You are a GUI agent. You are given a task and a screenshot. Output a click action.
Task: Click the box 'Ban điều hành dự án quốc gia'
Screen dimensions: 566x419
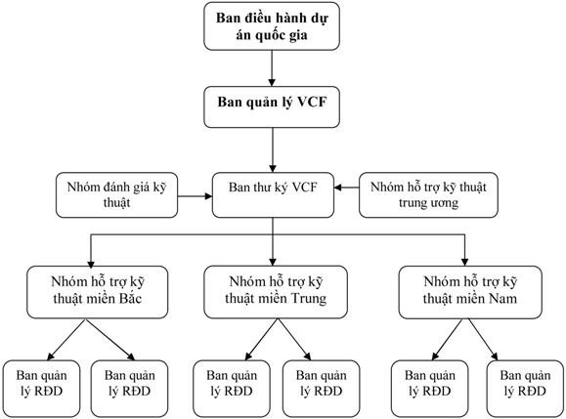272,26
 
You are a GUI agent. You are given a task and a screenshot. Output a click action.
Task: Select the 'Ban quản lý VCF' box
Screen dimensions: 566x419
272,106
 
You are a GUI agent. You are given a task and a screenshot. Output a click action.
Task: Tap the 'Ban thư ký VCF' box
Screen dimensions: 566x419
273,194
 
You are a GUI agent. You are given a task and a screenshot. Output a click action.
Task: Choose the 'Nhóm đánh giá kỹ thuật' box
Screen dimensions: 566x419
116,194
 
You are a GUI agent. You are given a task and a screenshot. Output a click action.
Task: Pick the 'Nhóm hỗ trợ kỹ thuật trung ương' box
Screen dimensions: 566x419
428,194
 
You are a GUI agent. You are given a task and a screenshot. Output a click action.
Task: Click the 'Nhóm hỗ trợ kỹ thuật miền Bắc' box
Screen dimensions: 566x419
98,292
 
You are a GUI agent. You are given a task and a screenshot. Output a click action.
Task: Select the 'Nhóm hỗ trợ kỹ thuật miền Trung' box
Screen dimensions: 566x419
276,292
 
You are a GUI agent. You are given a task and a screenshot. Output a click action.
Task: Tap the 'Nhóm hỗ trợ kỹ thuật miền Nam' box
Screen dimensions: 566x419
470,292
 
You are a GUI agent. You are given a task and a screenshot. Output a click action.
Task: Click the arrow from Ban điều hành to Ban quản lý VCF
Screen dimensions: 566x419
272,68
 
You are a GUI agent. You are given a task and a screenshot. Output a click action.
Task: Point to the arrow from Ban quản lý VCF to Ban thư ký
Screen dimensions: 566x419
273,150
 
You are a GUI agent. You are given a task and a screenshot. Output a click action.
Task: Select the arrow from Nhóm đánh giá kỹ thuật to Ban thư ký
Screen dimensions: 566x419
195,196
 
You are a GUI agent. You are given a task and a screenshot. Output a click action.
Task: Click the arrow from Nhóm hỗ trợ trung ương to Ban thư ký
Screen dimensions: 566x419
346,188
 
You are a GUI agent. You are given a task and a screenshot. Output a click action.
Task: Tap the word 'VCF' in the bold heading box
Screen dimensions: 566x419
312,102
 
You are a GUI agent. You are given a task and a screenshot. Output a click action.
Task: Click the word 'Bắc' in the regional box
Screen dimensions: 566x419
130,299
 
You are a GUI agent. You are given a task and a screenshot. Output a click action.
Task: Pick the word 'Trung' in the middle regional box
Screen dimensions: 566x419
308,299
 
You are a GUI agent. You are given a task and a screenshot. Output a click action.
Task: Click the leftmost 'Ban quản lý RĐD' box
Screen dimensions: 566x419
41,389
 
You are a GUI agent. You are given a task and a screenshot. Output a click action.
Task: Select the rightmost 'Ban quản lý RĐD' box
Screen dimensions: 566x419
525,389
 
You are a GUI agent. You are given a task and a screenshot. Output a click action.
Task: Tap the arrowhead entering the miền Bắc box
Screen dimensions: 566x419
91,263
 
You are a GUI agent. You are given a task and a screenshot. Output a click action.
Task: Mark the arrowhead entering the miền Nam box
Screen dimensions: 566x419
465,263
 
